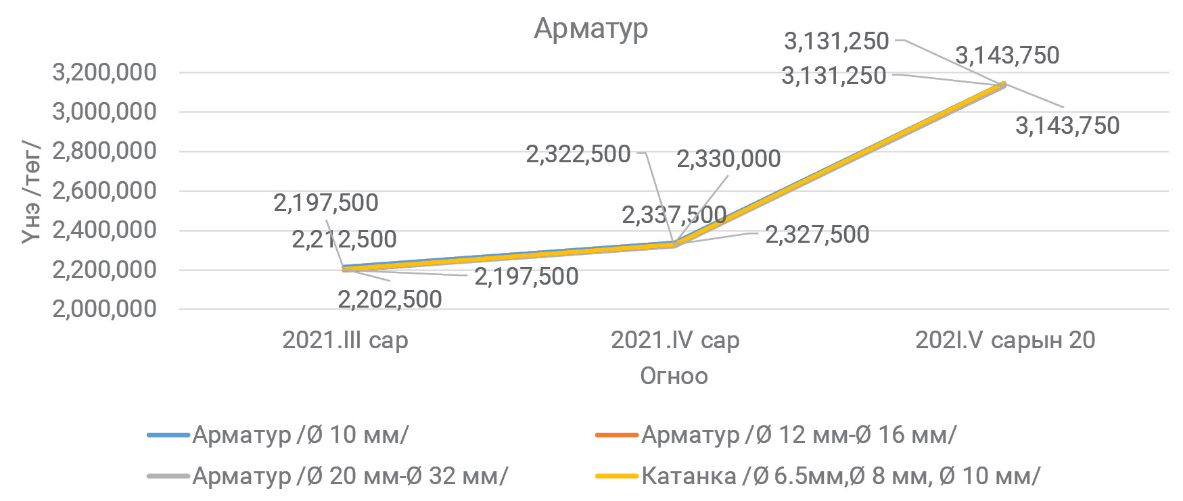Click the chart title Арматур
590,28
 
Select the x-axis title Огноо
674,376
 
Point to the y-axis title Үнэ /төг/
32,191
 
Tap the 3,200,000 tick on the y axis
104,72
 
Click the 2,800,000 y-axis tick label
104,151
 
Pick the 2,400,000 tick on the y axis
104,230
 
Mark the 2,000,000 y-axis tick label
104,309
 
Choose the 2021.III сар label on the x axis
345,340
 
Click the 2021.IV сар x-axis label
675,340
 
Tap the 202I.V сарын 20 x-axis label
1005,340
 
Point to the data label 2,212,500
344,239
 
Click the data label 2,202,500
390,300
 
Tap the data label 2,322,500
578,155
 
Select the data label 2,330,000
728,159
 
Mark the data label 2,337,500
674,216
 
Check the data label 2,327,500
817,235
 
